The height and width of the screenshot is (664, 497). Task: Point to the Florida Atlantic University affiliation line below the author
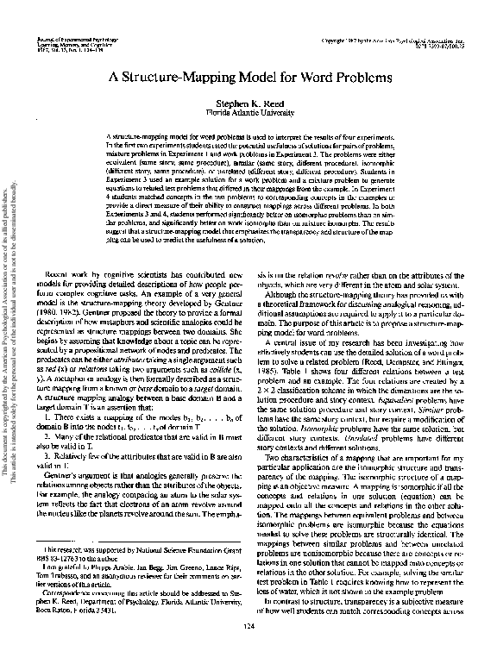coord(248,111)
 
